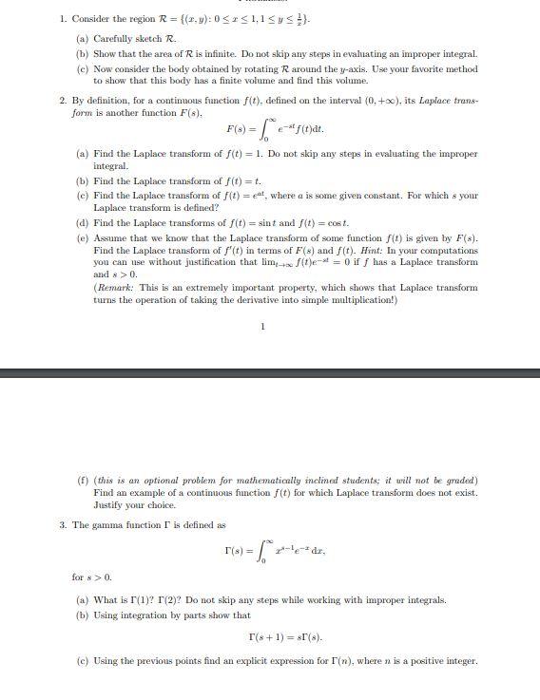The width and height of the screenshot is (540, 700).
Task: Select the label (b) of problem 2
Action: coord(83,180)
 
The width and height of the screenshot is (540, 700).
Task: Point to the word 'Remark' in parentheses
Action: coord(115,287)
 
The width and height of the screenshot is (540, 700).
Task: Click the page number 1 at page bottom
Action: coord(263,327)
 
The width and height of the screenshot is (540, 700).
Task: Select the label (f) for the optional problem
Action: coord(82,480)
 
